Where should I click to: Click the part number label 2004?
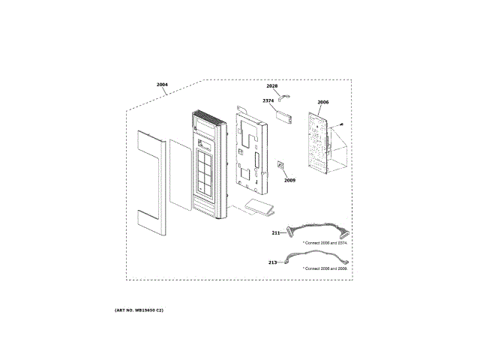point(162,84)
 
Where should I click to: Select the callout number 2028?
point(271,87)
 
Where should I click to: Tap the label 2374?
point(268,100)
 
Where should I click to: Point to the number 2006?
point(322,102)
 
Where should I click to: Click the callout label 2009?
point(289,180)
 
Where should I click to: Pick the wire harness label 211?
point(275,233)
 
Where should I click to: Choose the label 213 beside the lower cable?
point(271,262)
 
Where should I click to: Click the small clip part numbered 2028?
point(284,95)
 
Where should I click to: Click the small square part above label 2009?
point(281,165)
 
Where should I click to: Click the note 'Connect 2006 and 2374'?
point(325,243)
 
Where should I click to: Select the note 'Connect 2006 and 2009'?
point(325,268)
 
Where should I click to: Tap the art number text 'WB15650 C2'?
point(139,310)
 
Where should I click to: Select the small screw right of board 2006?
point(341,124)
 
